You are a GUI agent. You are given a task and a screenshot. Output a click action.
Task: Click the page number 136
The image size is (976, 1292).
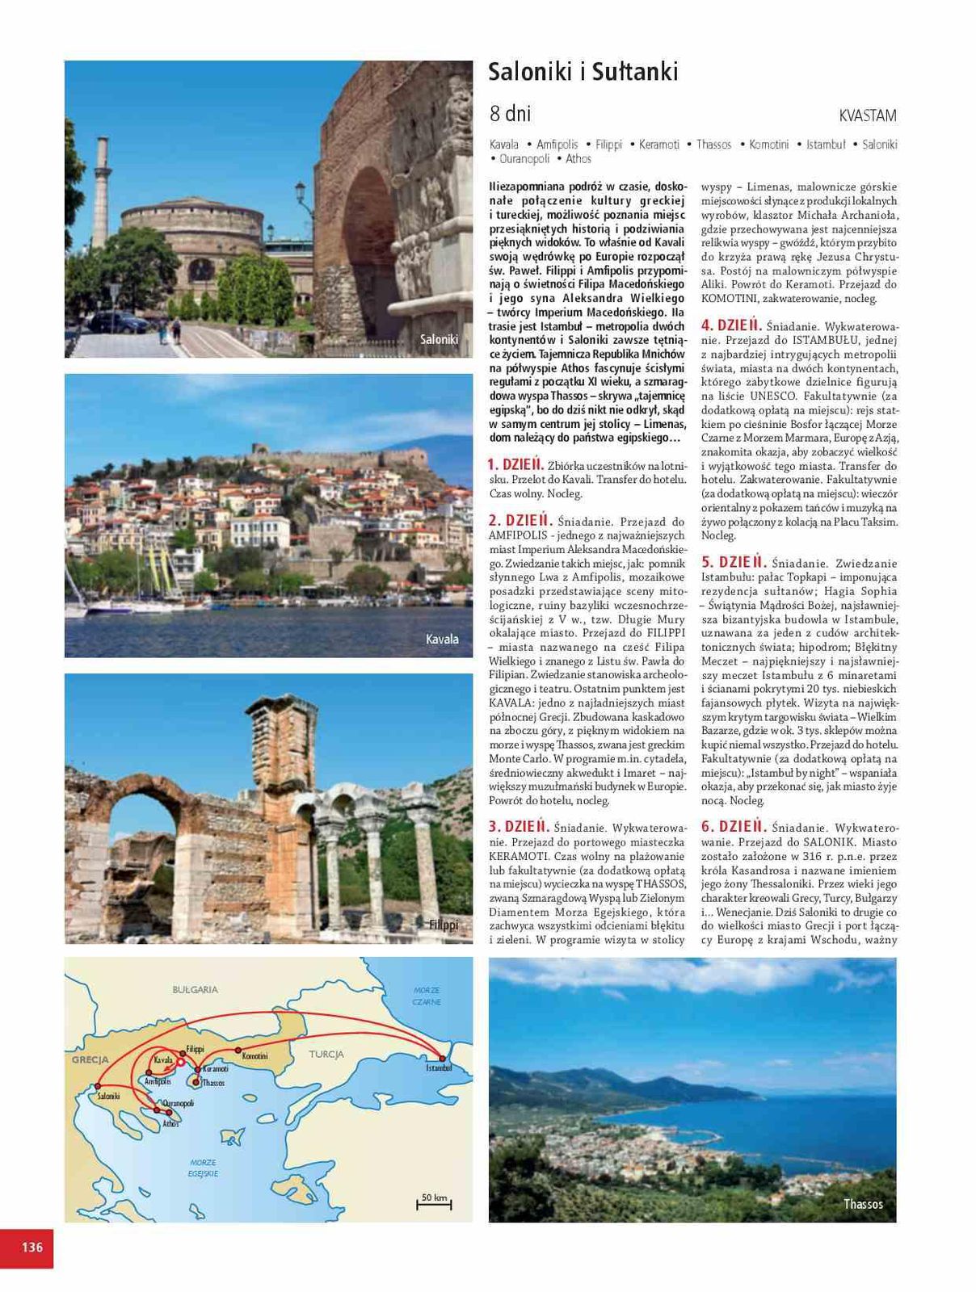pos(32,1247)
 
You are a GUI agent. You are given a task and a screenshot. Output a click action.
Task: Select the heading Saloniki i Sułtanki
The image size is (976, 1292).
pos(583,73)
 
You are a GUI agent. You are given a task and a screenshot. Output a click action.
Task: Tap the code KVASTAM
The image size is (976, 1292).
pos(867,115)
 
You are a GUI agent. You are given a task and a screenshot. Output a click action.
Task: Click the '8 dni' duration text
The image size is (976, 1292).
pos(510,114)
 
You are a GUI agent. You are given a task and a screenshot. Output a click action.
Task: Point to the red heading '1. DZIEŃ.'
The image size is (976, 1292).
pos(515,465)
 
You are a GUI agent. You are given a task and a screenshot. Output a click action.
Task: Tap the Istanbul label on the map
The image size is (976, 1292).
pos(439,1068)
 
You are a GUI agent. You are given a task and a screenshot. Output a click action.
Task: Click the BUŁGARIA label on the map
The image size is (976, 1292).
pos(195,989)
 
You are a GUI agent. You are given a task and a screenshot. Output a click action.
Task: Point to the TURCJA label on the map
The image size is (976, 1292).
pos(326,1055)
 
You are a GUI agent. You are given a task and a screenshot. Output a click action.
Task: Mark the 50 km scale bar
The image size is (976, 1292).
pos(434,1201)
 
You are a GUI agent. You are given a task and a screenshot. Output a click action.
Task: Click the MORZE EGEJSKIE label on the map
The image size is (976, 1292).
pos(203,1168)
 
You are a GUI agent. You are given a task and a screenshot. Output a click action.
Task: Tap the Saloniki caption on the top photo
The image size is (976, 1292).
pos(439,340)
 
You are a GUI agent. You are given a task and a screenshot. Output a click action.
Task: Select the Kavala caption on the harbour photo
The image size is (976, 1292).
pos(441,640)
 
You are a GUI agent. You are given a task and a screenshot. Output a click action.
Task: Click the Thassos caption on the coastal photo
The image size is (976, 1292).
pos(863,1204)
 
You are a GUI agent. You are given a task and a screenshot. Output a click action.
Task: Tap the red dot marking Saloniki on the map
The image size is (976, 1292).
pos(96,1086)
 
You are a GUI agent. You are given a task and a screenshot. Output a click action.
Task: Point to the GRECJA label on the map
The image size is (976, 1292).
pos(90,1059)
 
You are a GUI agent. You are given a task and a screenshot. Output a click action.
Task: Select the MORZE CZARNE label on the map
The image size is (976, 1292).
pos(427,996)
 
